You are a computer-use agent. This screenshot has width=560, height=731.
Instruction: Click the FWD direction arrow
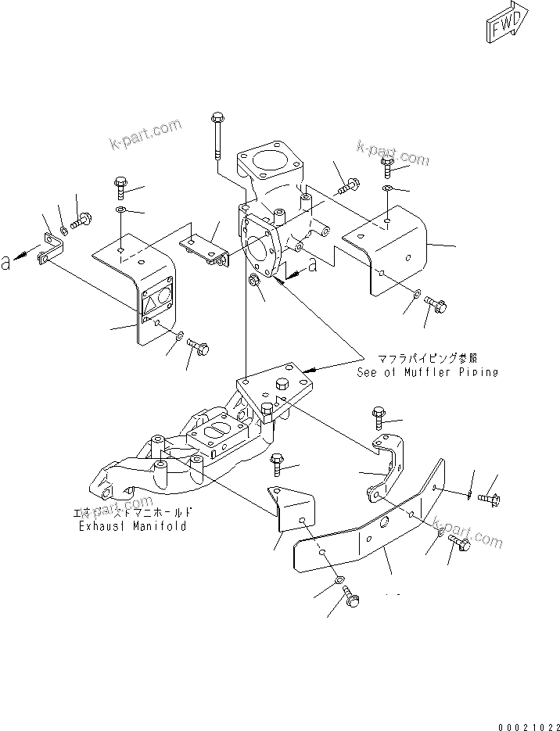tap(508, 26)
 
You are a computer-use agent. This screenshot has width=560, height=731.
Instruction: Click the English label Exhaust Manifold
tap(132, 527)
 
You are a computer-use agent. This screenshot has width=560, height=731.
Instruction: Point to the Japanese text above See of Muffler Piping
tap(428, 359)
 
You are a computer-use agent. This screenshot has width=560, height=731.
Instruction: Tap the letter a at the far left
tap(6, 264)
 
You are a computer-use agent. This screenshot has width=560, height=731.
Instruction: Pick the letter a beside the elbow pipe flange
tap(313, 266)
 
